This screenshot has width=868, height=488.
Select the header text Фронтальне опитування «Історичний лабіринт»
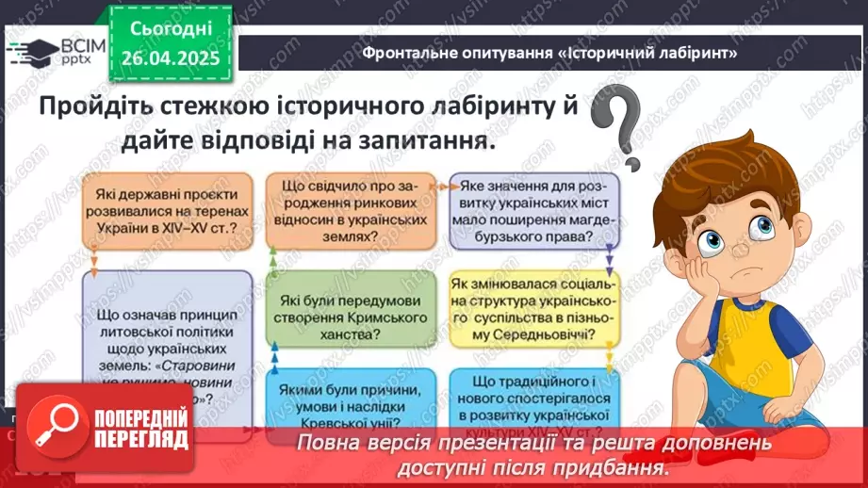click(x=549, y=54)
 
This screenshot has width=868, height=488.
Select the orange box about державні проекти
click(x=166, y=214)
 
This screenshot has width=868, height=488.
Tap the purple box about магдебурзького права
click(x=534, y=214)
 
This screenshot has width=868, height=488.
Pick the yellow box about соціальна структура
click(x=534, y=309)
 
